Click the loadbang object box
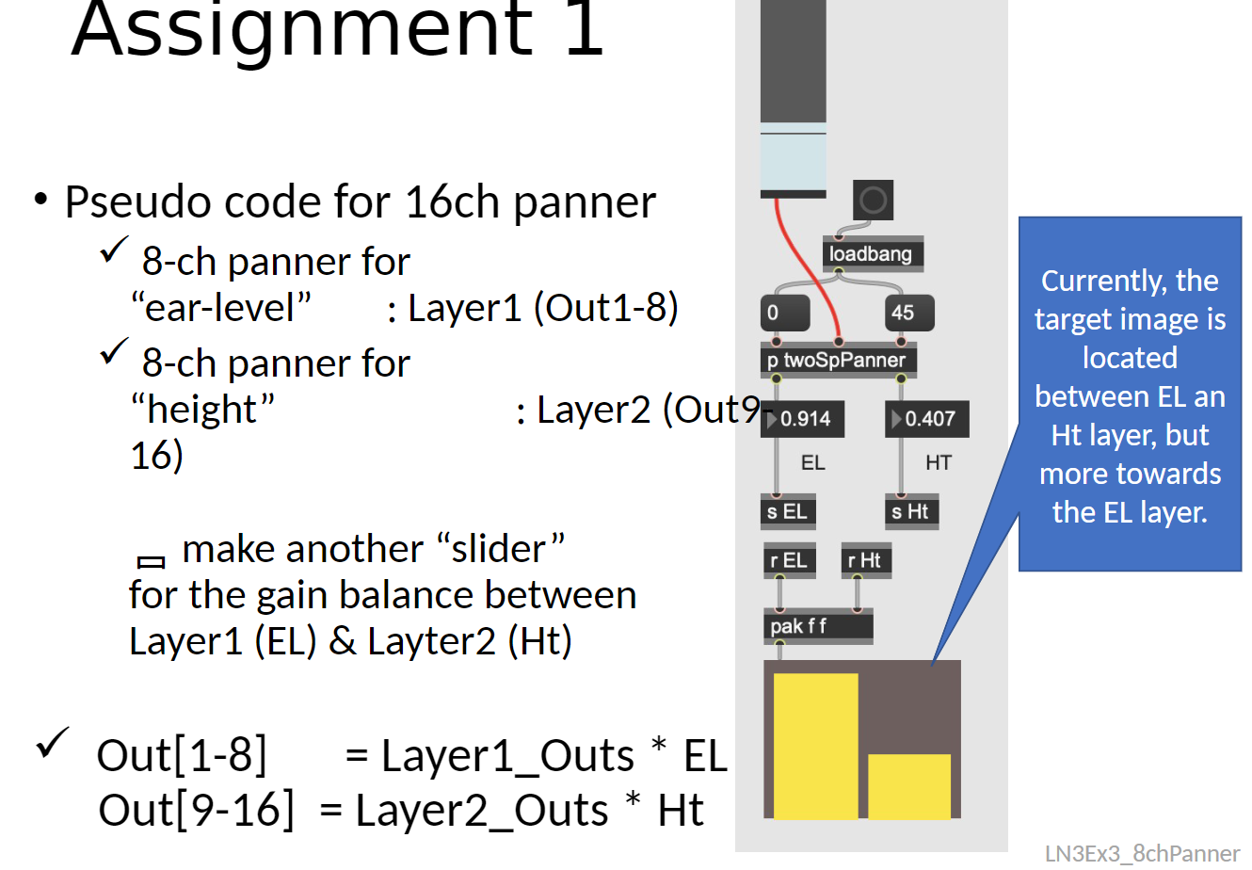[x=872, y=254]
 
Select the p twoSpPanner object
[x=837, y=360]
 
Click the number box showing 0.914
[x=804, y=419]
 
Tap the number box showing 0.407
[x=928, y=419]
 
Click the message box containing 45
[x=908, y=313]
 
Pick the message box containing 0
[x=784, y=313]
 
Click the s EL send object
[x=787, y=511]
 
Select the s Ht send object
[x=910, y=511]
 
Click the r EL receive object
[x=788, y=560]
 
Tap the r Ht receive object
[x=864, y=560]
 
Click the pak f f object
[x=817, y=626]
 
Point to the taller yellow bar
[x=815, y=746]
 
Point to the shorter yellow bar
[x=908, y=786]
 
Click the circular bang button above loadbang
[x=873, y=200]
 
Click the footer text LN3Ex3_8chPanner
[x=1142, y=853]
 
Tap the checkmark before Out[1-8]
[x=53, y=743]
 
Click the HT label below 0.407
[x=938, y=463]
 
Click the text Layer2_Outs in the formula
[x=482, y=811]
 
